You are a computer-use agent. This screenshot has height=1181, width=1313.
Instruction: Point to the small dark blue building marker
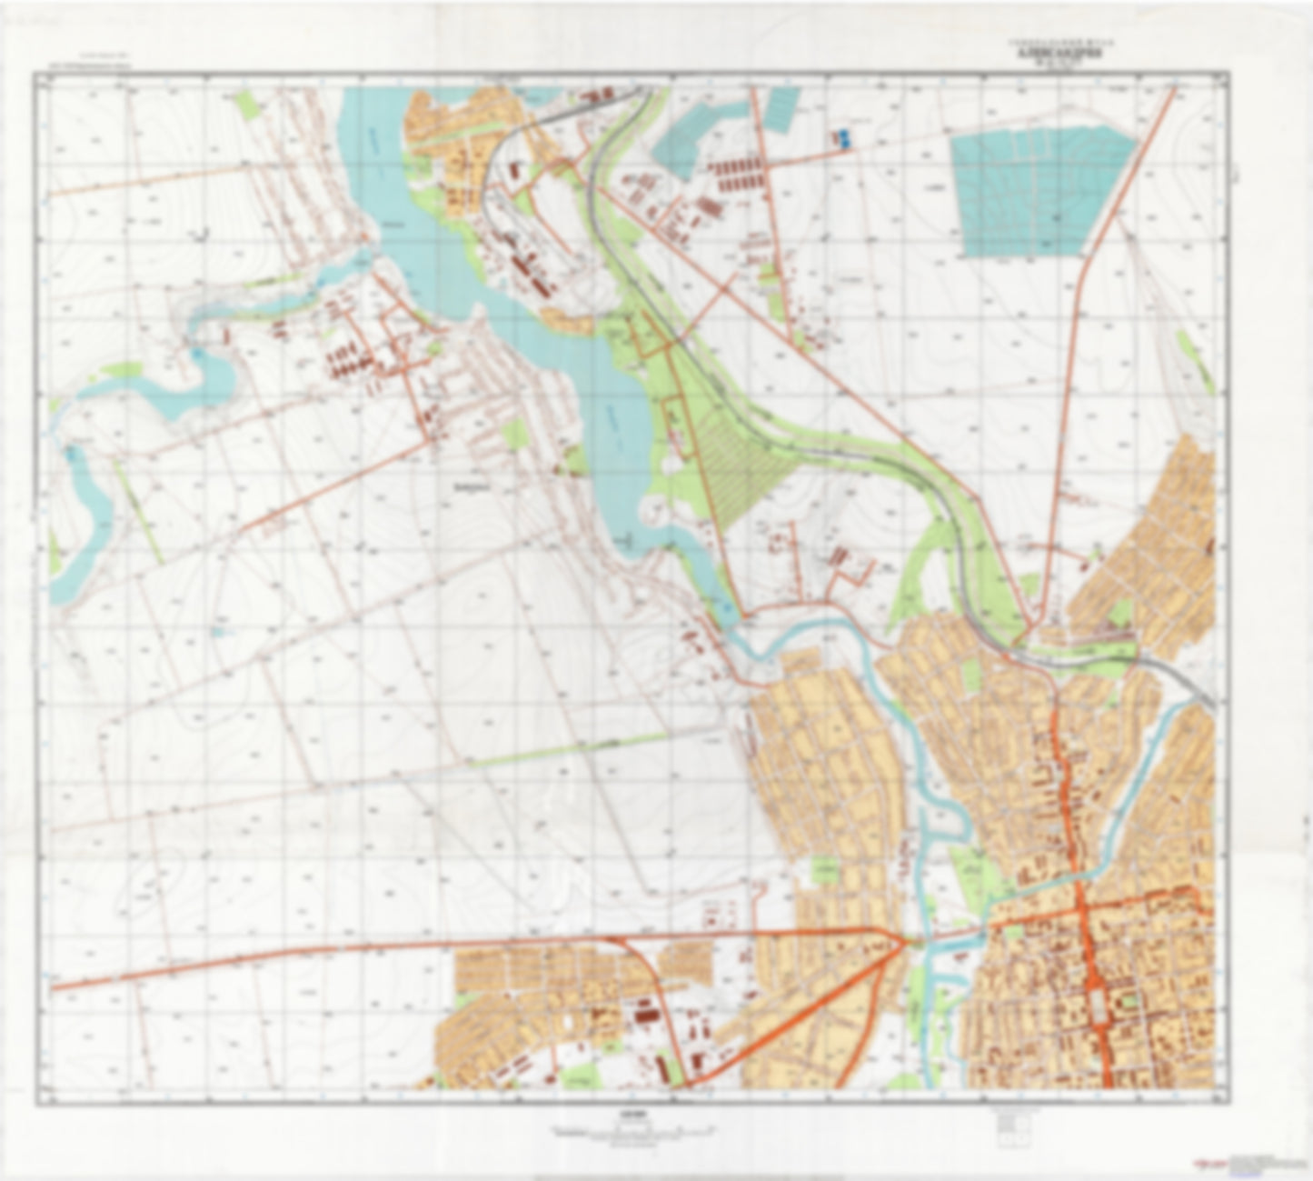tap(843, 138)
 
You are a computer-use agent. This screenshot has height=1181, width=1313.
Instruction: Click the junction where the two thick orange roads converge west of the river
tap(902, 942)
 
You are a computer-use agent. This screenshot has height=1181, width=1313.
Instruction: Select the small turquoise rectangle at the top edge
tap(780, 107)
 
